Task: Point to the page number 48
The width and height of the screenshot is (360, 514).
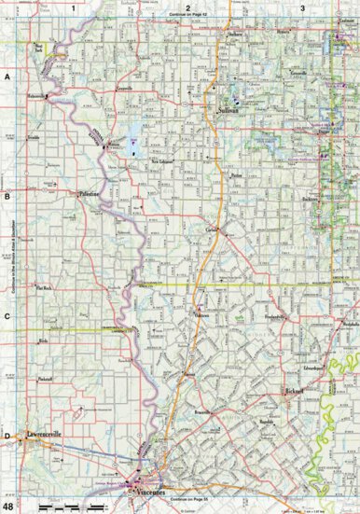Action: [x=8, y=507]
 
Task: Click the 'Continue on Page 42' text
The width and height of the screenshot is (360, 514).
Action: [x=187, y=15]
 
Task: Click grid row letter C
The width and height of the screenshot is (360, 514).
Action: [x=7, y=315]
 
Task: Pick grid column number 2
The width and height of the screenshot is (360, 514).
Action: [x=188, y=7]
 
